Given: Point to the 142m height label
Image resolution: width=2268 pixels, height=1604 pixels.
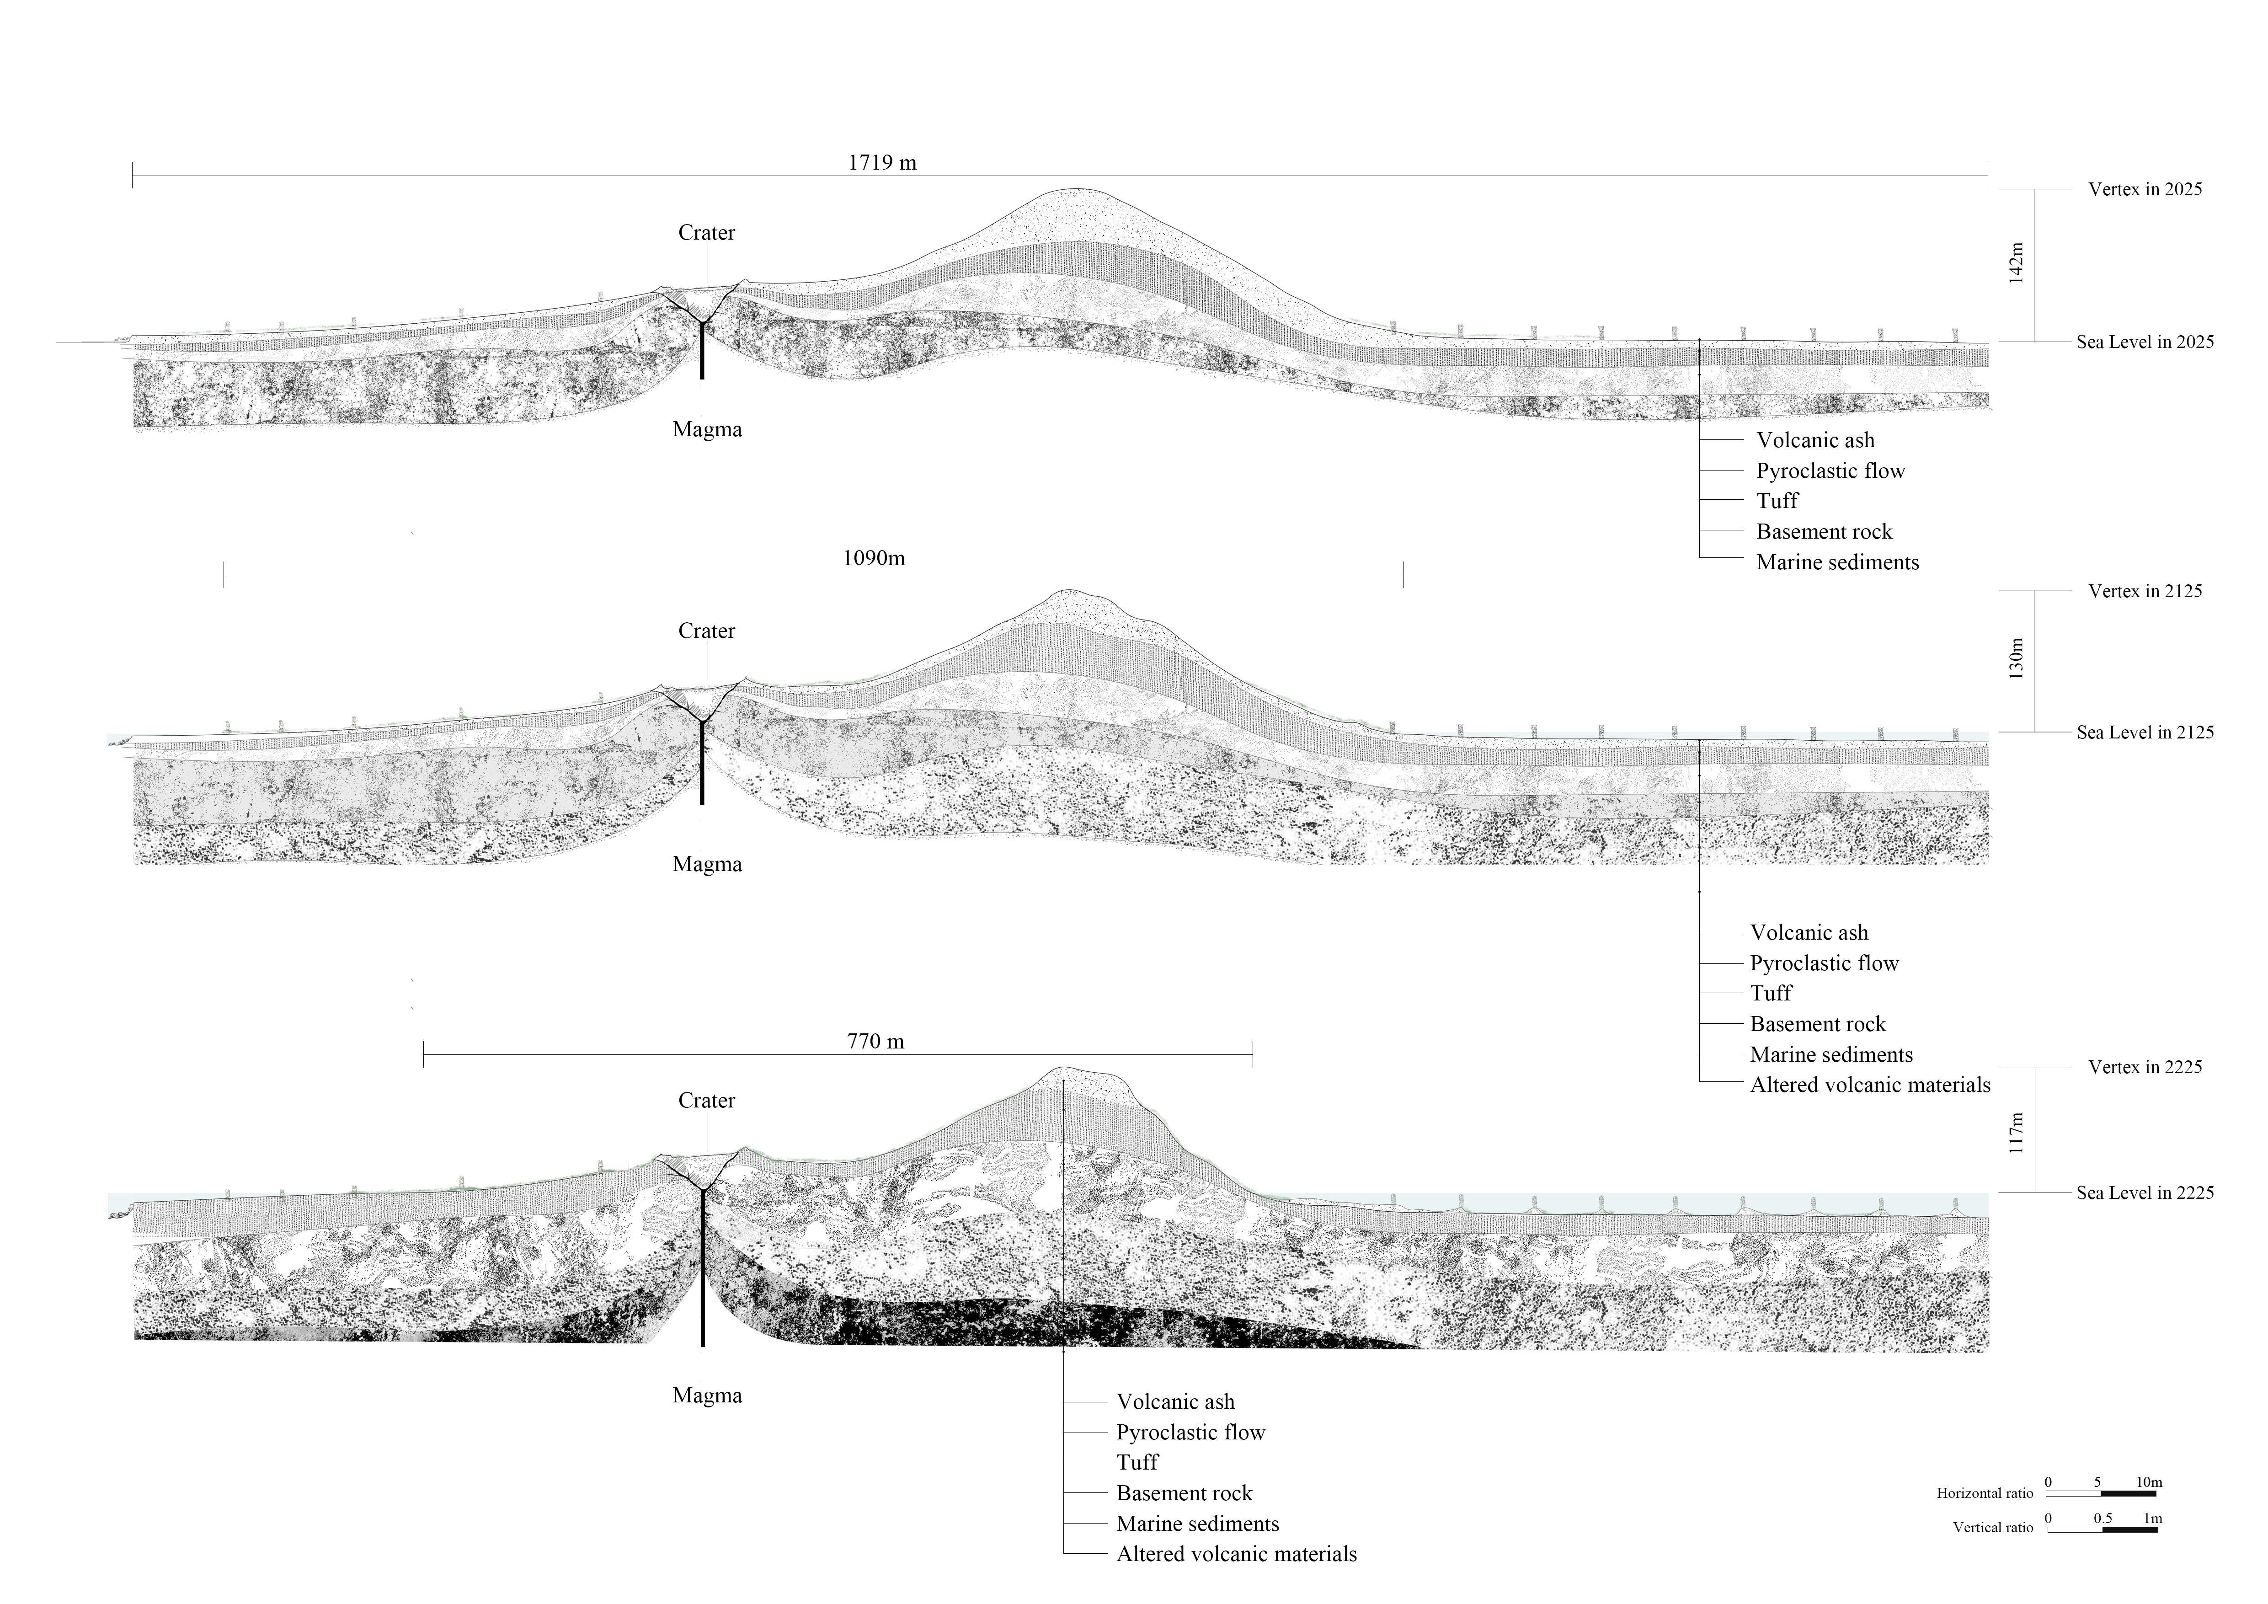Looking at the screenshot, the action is point(2016,264).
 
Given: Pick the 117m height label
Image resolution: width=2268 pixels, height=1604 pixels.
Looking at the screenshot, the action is point(2016,1133).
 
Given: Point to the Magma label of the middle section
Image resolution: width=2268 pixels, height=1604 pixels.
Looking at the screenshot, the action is point(706,864).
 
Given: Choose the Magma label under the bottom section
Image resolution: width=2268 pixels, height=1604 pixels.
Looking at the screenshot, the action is point(706,1395).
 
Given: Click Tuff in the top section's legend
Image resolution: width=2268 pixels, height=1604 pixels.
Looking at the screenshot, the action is point(1777,501).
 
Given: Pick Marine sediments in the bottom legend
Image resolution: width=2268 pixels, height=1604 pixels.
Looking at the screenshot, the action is point(1197,1524).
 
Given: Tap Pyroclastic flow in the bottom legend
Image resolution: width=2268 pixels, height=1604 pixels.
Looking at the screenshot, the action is point(1190,1432).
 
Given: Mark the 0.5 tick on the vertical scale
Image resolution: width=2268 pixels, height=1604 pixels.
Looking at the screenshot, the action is point(2102,1518).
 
